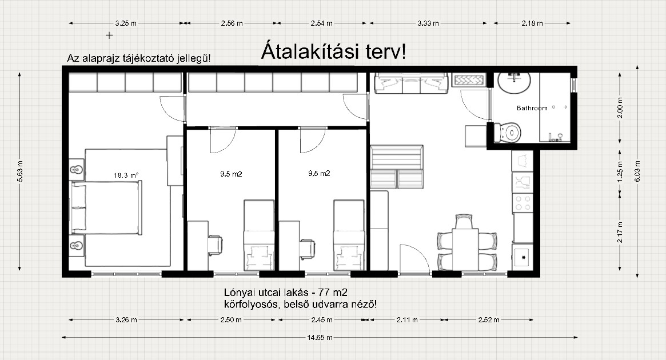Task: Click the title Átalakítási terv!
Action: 333,51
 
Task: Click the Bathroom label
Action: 532,108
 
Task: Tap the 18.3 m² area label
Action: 126,175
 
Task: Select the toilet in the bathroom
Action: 508,133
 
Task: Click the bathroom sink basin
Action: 514,83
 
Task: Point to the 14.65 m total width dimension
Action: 320,338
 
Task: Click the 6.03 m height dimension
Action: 637,171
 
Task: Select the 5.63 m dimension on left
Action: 19,171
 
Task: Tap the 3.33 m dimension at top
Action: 428,23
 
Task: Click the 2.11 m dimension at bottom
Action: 407,319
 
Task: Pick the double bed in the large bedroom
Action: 106,207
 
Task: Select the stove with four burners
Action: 523,202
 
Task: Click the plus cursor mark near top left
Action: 109,35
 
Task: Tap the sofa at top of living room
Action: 411,83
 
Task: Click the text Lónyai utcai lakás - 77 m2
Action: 285,293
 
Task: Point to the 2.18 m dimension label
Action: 532,23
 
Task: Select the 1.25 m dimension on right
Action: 620,171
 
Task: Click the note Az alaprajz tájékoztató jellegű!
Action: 139,59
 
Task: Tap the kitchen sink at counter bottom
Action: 523,257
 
